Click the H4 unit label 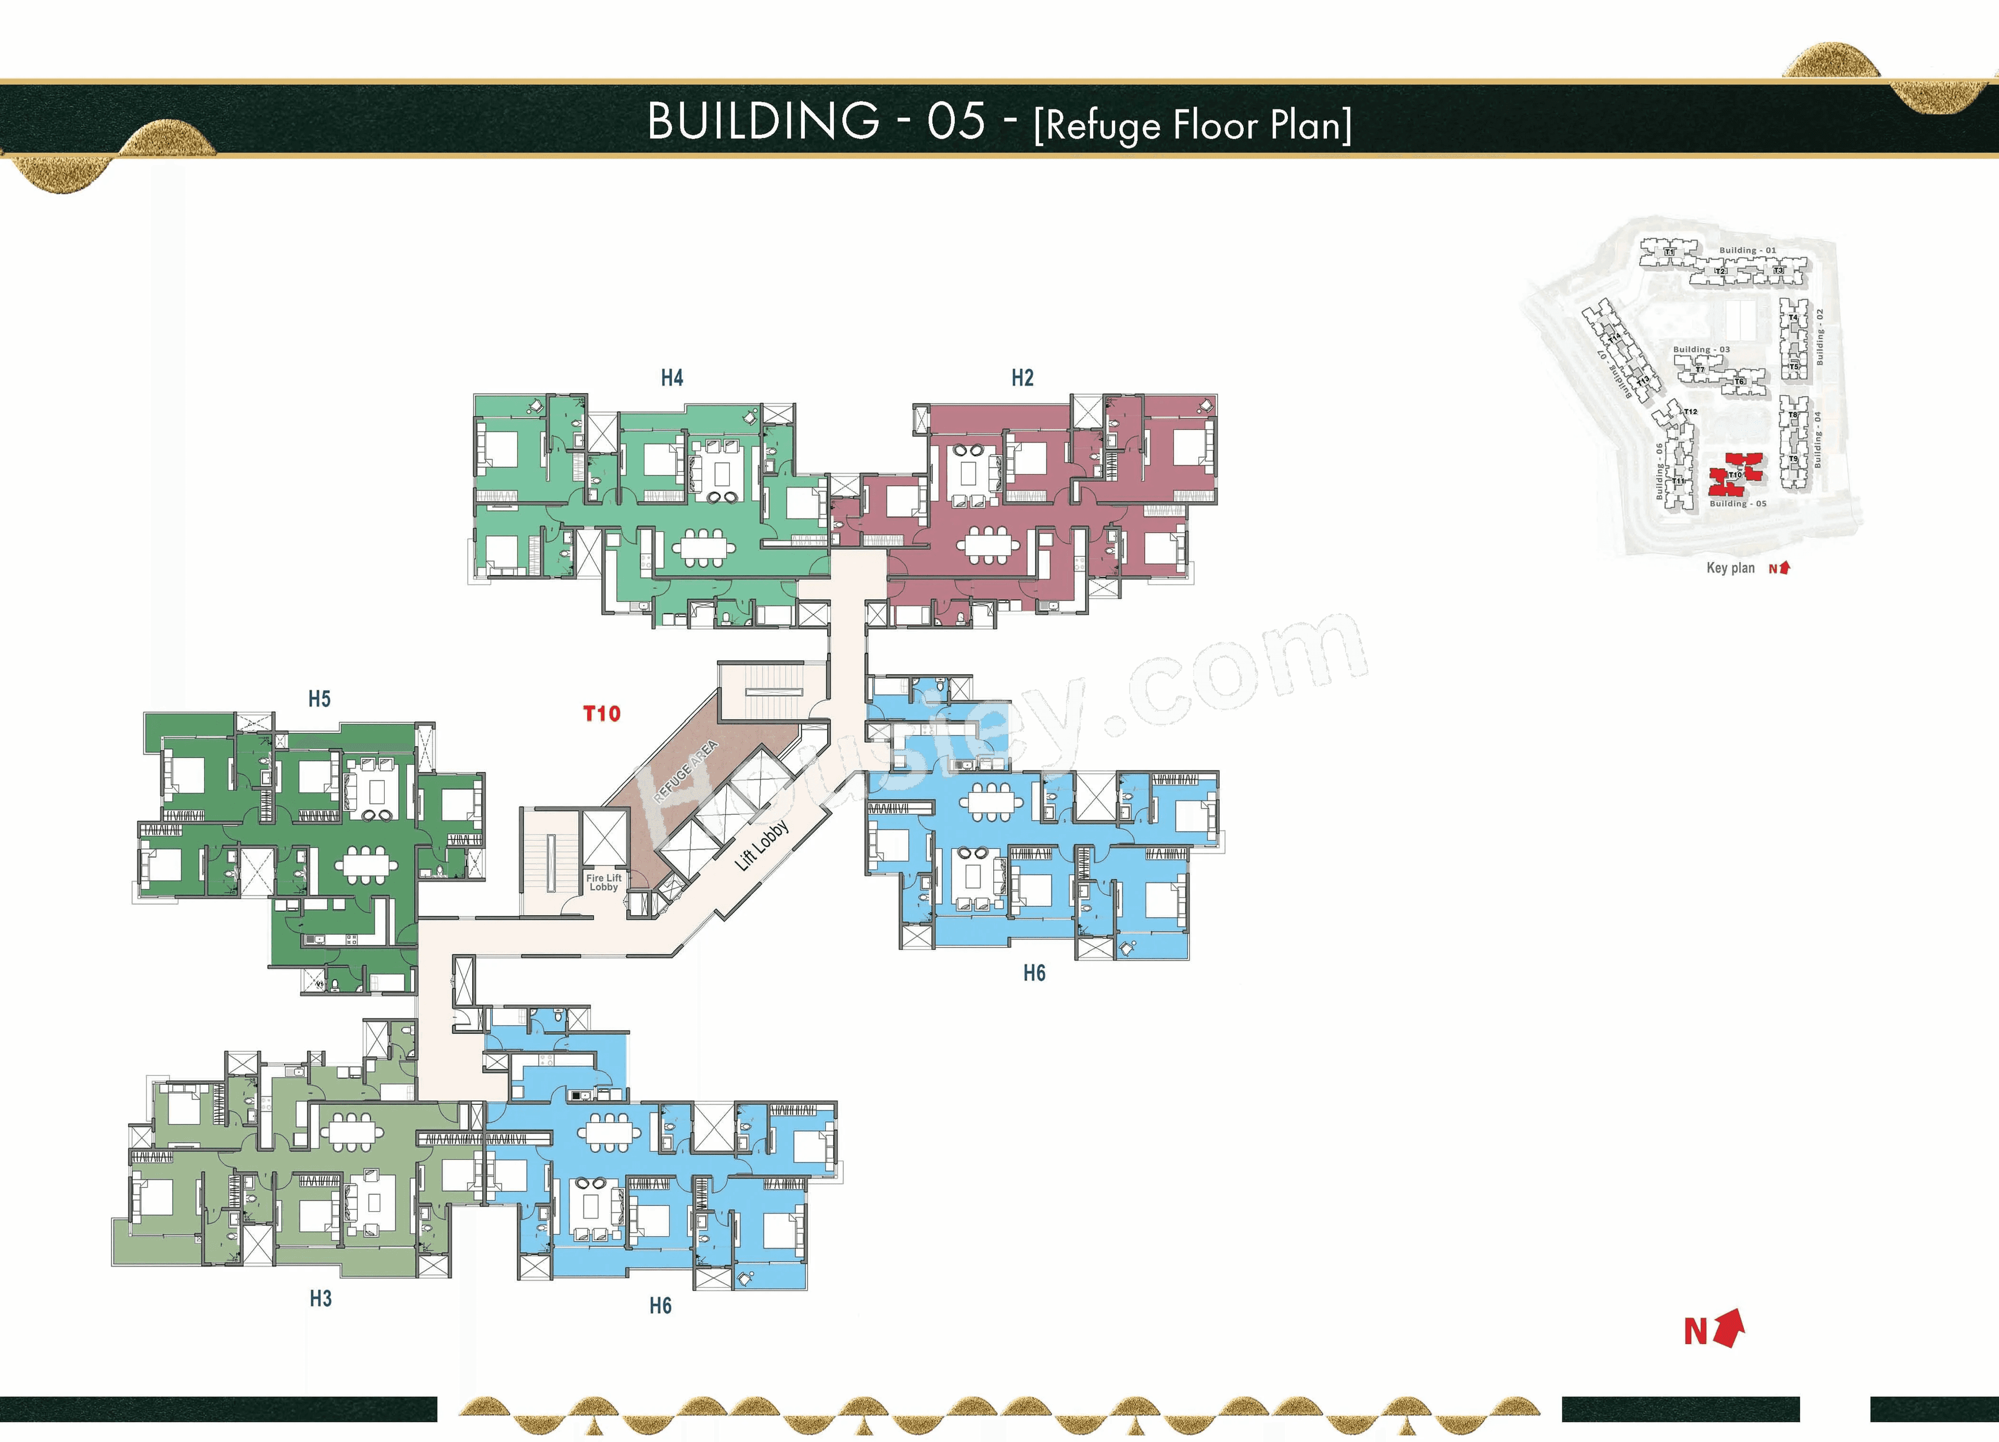[x=672, y=378]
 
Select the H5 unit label [x=319, y=699]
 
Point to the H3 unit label [x=320, y=1298]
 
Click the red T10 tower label [x=602, y=714]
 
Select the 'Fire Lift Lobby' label [x=604, y=882]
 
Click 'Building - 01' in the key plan [x=1747, y=250]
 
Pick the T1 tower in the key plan [x=1668, y=252]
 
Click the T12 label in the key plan [x=1690, y=412]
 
